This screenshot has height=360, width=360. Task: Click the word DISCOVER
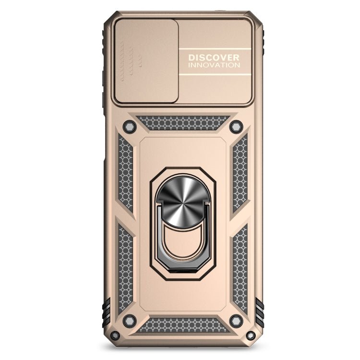click(x=214, y=57)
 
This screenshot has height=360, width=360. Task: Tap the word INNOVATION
click(x=214, y=65)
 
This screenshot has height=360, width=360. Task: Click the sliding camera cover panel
click(x=146, y=61)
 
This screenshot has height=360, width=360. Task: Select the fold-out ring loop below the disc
click(x=183, y=242)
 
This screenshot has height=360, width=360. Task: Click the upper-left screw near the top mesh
click(x=129, y=127)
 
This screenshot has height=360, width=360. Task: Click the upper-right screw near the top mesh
click(x=236, y=127)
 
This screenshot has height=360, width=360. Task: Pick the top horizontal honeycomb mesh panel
click(x=182, y=123)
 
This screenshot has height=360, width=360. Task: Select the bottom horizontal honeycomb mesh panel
click(x=182, y=325)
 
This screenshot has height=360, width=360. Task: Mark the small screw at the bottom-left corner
click(x=115, y=335)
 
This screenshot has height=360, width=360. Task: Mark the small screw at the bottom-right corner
click(x=251, y=335)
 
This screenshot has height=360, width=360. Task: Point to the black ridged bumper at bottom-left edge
click(x=106, y=312)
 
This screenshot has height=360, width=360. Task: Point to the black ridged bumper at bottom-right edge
click(x=260, y=312)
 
